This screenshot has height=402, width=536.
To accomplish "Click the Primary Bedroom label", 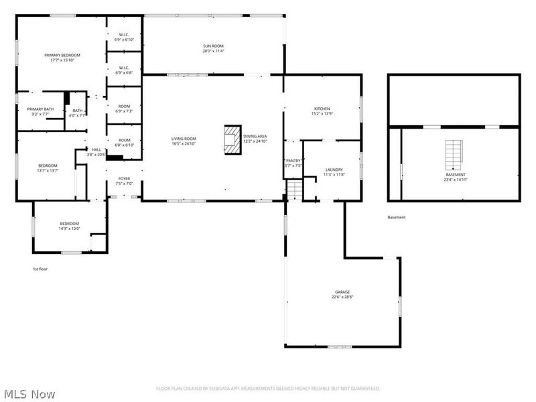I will [x=62, y=55].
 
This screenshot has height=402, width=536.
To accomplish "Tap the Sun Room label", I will [x=214, y=46].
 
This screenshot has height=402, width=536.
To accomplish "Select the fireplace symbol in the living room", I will [x=232, y=139].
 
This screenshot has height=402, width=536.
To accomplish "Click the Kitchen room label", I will [x=322, y=109].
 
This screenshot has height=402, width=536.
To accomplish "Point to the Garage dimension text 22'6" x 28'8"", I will [x=342, y=297].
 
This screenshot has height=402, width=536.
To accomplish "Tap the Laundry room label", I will [x=334, y=170].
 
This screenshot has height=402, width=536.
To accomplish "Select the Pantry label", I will [x=293, y=161].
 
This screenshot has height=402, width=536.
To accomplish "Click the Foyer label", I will [x=125, y=179].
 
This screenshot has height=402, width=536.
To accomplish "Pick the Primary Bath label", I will [x=40, y=109].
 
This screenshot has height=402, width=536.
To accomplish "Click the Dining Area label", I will [x=255, y=136].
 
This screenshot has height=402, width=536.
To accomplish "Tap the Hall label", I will [x=96, y=149].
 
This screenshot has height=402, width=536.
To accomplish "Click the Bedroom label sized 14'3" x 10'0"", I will [x=70, y=223].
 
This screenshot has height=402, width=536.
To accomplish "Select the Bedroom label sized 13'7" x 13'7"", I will [x=48, y=165].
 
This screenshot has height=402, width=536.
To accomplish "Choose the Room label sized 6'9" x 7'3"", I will [x=124, y=106].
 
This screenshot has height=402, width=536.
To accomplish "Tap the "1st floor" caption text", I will [x=40, y=269].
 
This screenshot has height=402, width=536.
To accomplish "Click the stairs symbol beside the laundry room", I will [x=295, y=190].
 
